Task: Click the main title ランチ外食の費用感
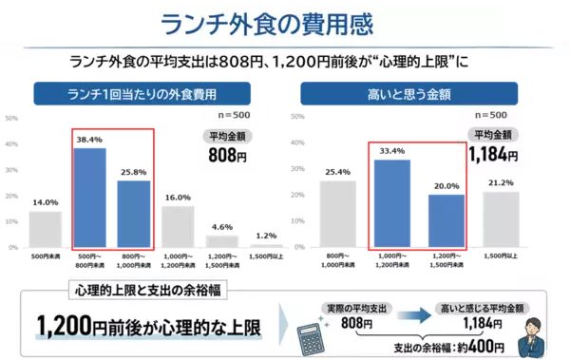[284, 21]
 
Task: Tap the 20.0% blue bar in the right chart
[445, 218]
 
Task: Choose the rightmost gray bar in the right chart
[501, 218]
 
